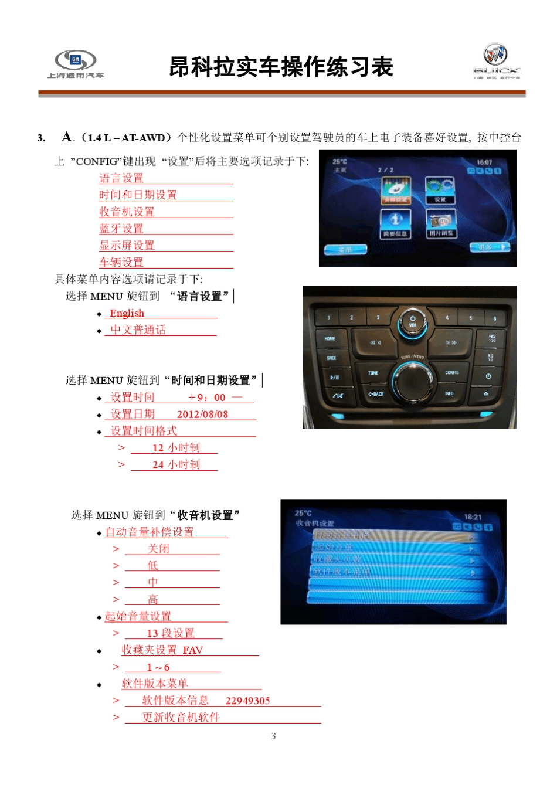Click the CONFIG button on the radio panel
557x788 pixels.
tap(451, 372)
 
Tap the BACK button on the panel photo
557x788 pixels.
tap(375, 394)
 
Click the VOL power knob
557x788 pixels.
tap(413, 322)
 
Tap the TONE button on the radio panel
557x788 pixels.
tap(373, 373)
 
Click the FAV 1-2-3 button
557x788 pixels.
tap(492, 338)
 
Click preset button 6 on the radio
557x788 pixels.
tap(494, 318)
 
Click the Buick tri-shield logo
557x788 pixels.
tap(495, 55)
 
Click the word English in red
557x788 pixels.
tap(127, 313)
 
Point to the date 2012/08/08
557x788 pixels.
tap(202, 414)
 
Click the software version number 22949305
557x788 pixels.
tap(247, 701)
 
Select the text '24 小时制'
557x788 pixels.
tap(176, 465)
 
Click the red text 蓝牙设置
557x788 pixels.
tap(121, 229)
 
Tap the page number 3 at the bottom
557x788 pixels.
tap(273, 736)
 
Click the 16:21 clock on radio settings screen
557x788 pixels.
tap(473, 517)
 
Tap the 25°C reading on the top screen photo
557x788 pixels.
tap(339, 162)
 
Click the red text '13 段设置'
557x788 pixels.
tap(171, 633)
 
